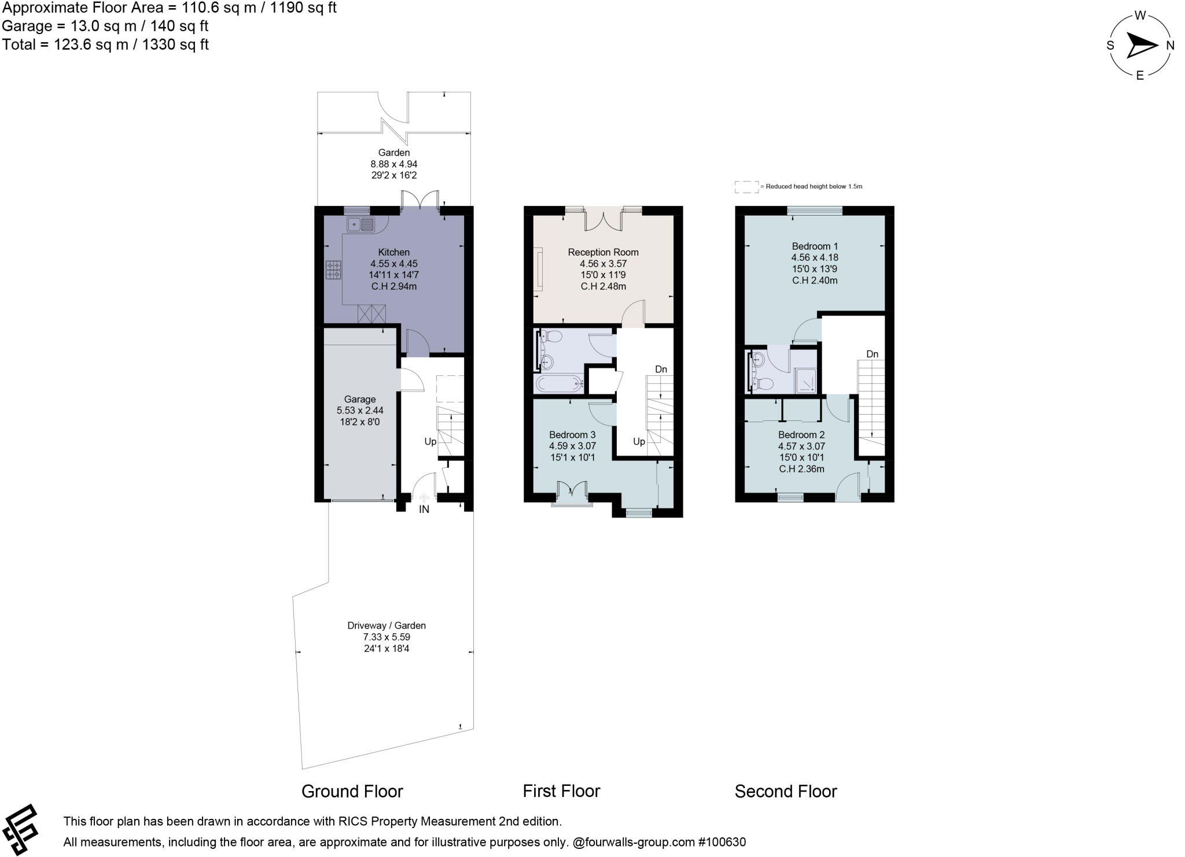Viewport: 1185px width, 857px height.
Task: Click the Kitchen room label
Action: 393,252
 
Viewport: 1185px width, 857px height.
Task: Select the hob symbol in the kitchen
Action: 333,269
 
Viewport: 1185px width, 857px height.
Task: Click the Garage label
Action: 359,399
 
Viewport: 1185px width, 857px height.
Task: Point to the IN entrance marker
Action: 424,509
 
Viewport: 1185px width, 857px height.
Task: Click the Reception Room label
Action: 603,252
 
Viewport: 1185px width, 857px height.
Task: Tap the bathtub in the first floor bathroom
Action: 558,383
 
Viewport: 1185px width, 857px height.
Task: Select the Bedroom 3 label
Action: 572,435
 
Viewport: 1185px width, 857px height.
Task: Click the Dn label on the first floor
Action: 661,369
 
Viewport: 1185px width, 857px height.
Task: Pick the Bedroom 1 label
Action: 815,246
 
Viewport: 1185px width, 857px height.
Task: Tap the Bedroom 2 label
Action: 801,435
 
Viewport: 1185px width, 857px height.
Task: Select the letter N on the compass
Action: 1169,46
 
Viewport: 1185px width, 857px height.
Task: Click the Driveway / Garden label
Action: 386,626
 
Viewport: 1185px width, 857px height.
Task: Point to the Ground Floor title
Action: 352,791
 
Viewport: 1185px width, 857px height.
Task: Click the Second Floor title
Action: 785,791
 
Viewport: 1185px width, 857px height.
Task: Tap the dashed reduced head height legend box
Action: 746,187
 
